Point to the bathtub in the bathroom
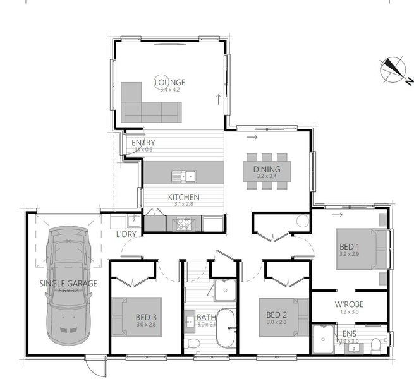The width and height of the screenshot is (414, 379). point(226,328)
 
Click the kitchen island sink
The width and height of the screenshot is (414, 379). point(187,176)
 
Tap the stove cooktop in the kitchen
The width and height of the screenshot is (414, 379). point(184,223)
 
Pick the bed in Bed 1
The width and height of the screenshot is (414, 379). point(360,249)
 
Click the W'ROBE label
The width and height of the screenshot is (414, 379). point(348,304)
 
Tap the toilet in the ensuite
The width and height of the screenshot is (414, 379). point(375,344)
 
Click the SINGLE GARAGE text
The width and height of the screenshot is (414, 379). point(68,284)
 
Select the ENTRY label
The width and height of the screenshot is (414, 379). point(143,143)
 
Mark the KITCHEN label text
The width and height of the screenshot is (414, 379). point(183,197)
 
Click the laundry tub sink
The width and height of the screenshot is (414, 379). point(133,221)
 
